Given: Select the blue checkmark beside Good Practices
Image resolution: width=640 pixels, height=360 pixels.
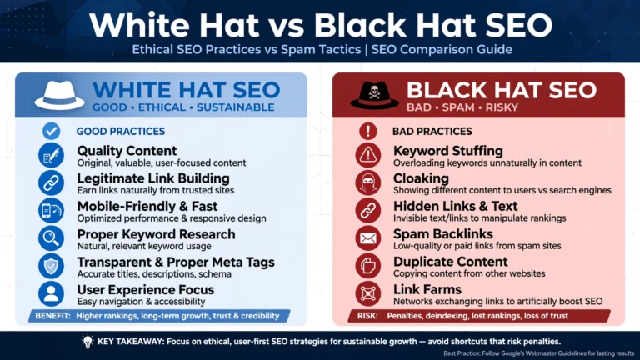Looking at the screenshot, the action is click(51, 131).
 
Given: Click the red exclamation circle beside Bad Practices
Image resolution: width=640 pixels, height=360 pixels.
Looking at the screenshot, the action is click(368, 131).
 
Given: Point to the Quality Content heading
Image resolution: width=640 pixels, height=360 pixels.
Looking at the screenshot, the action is click(127, 151).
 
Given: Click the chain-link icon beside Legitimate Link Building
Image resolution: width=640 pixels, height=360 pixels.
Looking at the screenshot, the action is click(51, 182).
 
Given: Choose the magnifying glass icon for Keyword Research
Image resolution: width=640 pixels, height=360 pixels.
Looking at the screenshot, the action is click(51, 238).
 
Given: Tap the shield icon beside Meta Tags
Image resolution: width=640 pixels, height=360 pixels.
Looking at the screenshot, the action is click(51, 266).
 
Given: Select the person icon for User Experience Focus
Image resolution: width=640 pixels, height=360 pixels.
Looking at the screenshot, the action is click(51, 294).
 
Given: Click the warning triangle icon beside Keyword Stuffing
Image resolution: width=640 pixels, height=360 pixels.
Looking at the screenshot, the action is click(368, 155).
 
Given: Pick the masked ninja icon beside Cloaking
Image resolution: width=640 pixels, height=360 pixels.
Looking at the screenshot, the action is click(368, 182).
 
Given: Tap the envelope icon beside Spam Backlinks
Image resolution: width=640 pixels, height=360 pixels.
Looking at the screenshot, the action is click(368, 238).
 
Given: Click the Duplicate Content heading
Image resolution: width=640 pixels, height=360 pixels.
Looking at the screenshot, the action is click(451, 262).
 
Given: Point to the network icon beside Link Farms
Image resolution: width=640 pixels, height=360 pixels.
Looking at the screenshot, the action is click(368, 294).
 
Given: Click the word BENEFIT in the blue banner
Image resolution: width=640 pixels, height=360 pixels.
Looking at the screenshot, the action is click(52, 316).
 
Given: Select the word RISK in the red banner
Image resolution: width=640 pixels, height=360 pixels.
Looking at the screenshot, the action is click(367, 316).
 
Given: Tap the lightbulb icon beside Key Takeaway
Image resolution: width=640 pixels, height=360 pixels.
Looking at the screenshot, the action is click(87, 342).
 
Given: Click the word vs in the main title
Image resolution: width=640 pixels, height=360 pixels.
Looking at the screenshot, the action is click(286, 25).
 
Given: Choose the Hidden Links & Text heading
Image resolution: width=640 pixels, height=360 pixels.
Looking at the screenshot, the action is click(456, 206).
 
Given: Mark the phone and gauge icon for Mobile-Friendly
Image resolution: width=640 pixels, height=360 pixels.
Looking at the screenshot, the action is click(51, 211).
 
